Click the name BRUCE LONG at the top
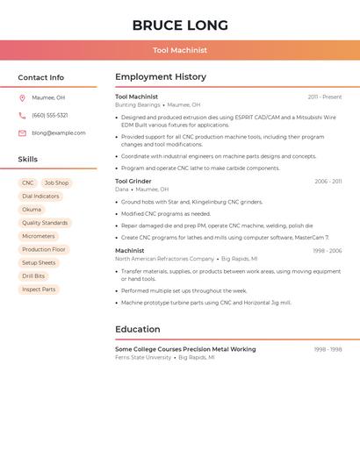point(180,25)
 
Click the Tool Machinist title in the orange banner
point(180,51)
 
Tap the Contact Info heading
point(40,77)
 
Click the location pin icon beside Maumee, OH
point(22,98)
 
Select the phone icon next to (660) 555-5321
point(22,116)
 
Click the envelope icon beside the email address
point(22,133)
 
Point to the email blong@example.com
point(59,133)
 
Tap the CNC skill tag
point(28,183)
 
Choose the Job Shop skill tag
point(56,183)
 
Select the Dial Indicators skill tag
point(40,197)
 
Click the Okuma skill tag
point(32,210)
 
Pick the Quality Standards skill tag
point(45,223)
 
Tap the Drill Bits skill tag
point(33,276)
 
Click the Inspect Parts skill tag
point(39,290)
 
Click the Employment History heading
point(161,77)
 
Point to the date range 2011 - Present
point(325,97)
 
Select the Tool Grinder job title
point(133,182)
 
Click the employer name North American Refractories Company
point(164,259)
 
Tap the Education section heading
point(138,330)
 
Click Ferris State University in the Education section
point(143,358)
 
